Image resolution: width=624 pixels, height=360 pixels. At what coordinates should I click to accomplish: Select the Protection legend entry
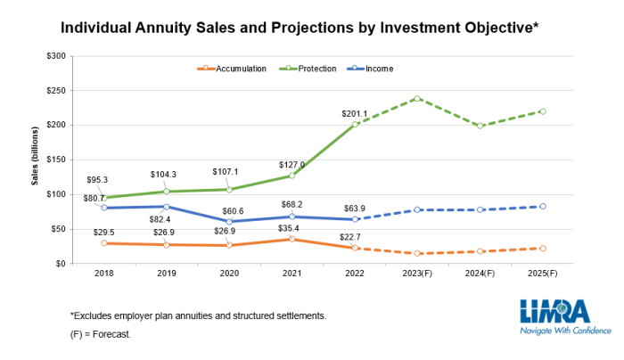(311, 69)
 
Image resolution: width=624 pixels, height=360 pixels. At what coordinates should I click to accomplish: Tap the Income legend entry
(372, 69)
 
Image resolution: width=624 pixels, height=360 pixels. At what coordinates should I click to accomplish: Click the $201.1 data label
(355, 113)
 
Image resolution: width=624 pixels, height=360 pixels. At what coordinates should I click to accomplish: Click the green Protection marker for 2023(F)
(417, 98)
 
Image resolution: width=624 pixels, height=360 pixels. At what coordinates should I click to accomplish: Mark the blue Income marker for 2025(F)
(543, 206)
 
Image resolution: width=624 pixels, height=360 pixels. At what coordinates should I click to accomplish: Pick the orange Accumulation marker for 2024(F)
(480, 251)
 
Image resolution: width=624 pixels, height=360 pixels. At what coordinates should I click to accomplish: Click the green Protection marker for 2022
(355, 124)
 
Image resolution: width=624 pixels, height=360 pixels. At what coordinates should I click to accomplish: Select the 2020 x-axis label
(228, 274)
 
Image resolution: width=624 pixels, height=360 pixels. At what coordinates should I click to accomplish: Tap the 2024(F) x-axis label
(480, 274)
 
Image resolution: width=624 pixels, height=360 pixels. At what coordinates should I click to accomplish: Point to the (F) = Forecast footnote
(101, 334)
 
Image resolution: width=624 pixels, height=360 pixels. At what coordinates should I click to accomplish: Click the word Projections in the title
(306, 28)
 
